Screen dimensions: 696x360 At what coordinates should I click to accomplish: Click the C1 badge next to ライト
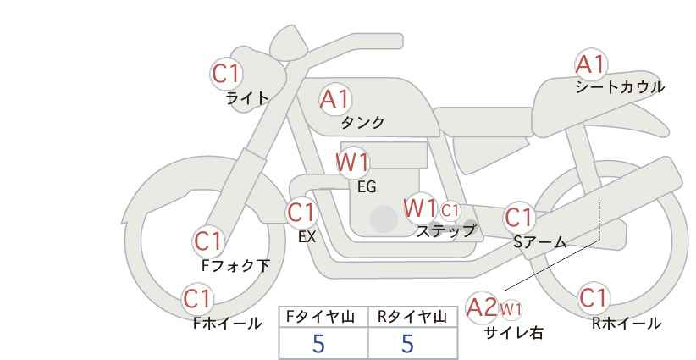click(x=226, y=74)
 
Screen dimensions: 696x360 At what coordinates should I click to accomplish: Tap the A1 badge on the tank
click(x=335, y=99)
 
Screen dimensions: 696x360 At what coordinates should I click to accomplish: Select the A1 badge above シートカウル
click(x=591, y=64)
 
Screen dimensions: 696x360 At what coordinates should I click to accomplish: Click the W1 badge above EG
click(x=352, y=163)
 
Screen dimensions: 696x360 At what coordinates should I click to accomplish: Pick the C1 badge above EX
click(x=301, y=213)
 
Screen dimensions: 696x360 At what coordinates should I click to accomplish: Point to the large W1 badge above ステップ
click(x=419, y=208)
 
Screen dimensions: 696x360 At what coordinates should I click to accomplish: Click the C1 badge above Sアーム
click(x=519, y=218)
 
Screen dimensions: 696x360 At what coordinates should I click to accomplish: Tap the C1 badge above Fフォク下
click(x=208, y=241)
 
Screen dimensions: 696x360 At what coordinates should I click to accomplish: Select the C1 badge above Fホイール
click(x=197, y=299)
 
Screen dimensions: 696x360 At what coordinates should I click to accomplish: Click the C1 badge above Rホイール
click(x=594, y=298)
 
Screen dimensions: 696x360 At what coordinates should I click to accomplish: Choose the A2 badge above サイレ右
click(x=482, y=307)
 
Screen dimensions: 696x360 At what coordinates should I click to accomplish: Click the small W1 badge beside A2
click(x=511, y=309)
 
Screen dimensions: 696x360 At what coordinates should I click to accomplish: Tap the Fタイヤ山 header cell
click(x=323, y=318)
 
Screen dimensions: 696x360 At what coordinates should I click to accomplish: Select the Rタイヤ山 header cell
click(x=413, y=318)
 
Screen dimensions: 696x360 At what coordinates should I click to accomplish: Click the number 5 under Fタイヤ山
click(x=318, y=343)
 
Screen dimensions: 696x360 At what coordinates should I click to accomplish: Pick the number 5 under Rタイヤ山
click(x=407, y=343)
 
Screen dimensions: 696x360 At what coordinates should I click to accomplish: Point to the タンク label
click(x=362, y=123)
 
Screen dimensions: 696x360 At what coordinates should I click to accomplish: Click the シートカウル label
click(x=620, y=87)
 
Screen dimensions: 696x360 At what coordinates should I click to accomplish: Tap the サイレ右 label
click(x=514, y=333)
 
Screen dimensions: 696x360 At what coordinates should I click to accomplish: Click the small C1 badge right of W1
click(x=450, y=210)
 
